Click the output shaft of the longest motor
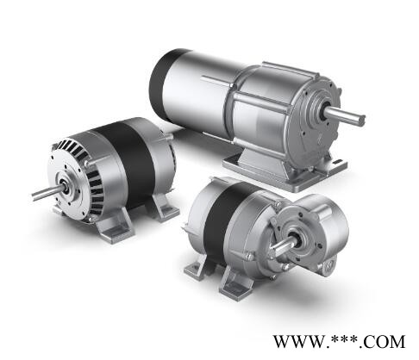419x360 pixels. pos(345,116)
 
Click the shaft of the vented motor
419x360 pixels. pos(47,193)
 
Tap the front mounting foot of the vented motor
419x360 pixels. pos(115,227)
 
